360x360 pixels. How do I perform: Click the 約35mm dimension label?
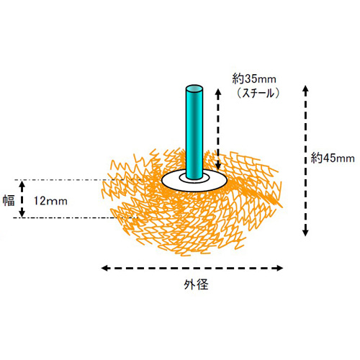[x=254, y=79]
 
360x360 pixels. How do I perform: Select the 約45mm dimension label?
[x=333, y=158]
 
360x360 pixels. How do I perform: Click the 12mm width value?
[x=50, y=201]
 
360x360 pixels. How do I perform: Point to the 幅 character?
[x=9, y=200]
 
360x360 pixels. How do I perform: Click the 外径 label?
[x=196, y=284]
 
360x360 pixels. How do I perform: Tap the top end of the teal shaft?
[x=194, y=89]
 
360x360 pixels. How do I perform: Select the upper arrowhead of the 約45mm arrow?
[x=305, y=89]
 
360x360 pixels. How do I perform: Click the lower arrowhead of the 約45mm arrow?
[x=305, y=233]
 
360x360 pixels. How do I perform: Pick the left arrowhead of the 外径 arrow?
[x=104, y=268]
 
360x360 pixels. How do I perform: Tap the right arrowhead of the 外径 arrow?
[x=280, y=268]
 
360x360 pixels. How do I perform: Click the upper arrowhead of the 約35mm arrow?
[x=218, y=92]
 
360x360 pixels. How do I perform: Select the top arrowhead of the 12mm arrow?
[x=22, y=184]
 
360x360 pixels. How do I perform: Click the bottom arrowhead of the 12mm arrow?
[x=22, y=213]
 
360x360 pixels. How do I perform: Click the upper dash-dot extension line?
[x=78, y=180]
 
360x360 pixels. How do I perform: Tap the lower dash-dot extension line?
[x=76, y=217]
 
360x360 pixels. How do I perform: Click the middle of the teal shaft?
[x=194, y=132]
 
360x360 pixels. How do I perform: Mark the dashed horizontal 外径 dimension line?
[x=192, y=268]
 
